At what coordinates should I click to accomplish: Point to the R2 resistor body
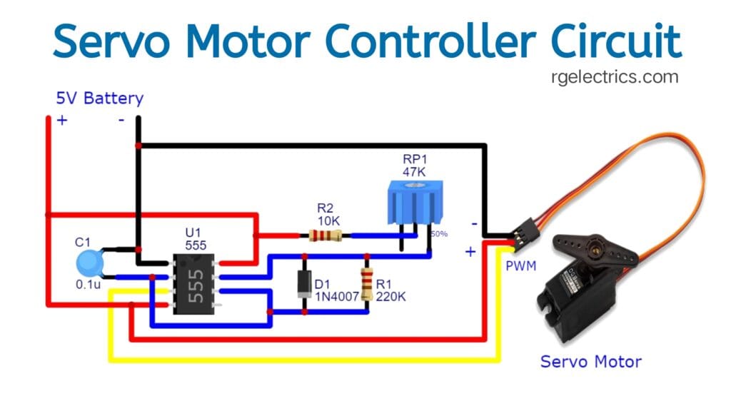point(325,235)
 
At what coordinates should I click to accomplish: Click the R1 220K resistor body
point(367,284)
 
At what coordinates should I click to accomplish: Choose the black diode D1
point(305,283)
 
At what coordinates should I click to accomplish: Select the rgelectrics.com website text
point(615,77)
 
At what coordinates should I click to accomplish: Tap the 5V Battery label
point(100,98)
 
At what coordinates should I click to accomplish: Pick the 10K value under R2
point(326,220)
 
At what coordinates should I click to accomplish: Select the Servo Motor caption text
point(590,361)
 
